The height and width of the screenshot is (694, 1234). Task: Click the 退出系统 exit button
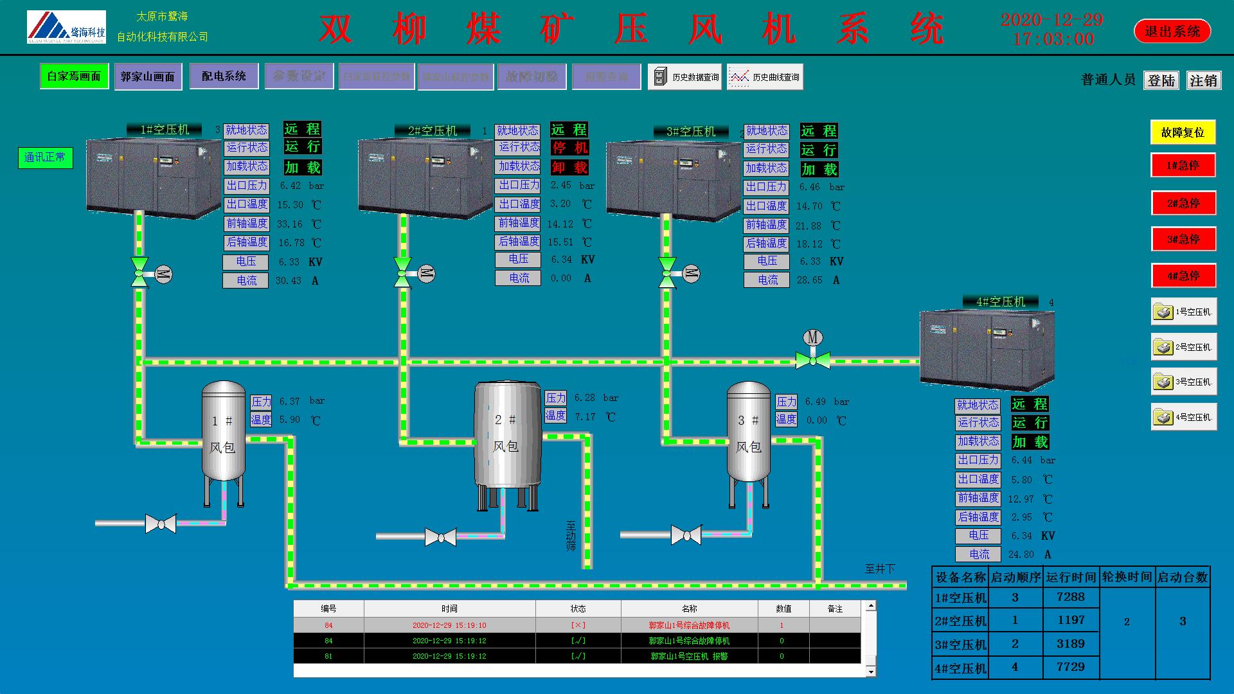click(x=1172, y=31)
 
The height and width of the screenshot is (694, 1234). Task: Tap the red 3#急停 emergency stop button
click(x=1183, y=240)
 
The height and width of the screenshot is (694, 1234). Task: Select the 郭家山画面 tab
click(x=148, y=76)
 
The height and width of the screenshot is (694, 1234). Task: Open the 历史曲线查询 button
click(x=765, y=77)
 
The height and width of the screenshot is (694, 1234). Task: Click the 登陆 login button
click(x=1161, y=80)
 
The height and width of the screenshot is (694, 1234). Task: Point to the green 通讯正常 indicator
click(x=45, y=157)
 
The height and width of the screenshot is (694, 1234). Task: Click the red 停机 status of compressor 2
click(x=570, y=148)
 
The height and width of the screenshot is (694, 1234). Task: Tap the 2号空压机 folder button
click(x=1183, y=347)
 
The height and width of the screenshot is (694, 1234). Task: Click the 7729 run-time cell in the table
click(x=1070, y=667)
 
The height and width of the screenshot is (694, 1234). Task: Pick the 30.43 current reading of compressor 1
click(x=288, y=281)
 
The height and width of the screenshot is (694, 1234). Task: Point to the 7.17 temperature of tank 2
click(x=585, y=417)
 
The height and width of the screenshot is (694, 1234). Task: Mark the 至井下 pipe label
click(x=880, y=569)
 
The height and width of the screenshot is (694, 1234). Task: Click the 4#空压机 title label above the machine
click(x=1000, y=301)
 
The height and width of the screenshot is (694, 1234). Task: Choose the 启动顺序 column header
click(x=1015, y=577)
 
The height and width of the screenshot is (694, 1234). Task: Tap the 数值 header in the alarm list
click(x=783, y=609)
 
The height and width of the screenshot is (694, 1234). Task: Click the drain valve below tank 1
click(x=161, y=524)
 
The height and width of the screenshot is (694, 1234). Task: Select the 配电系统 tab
click(x=224, y=76)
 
